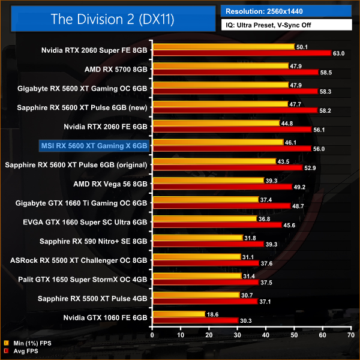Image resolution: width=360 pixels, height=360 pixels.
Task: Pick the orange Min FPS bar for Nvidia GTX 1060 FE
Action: pos(179,314)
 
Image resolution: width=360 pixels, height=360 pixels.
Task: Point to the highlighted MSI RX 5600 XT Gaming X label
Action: pos(94,145)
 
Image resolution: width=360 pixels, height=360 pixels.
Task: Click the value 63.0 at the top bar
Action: pos(339,53)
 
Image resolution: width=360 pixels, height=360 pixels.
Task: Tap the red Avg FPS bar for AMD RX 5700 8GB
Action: pos(235,73)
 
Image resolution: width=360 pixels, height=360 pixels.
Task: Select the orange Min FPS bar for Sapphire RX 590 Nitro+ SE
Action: pos(197,237)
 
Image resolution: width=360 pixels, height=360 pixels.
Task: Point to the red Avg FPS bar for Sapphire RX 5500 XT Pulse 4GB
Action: pos(205,301)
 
